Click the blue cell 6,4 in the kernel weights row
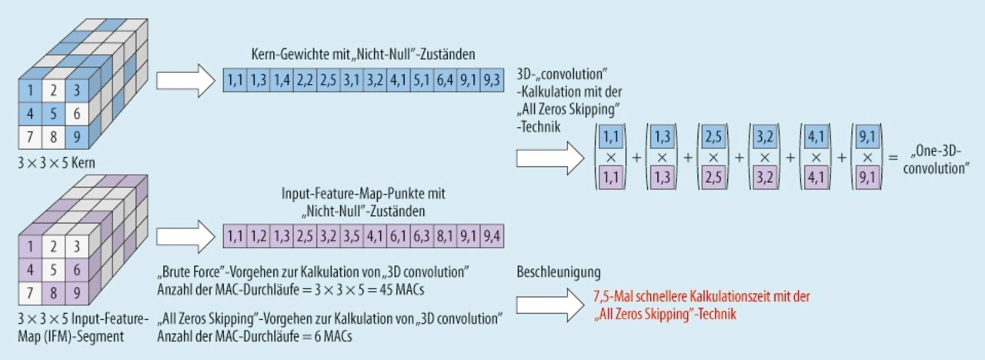446,79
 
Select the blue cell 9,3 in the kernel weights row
492,79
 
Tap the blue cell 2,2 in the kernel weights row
306,79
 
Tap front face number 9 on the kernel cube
75,139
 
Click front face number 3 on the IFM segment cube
75,248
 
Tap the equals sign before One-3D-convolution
893,156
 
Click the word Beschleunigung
559,272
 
